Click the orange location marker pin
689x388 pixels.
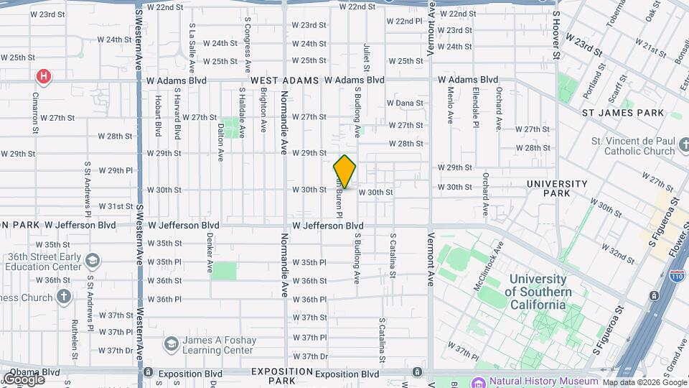[x=344, y=172]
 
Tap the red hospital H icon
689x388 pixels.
[x=44, y=75]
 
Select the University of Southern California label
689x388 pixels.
[x=538, y=292]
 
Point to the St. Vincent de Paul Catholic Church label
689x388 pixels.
[x=633, y=146]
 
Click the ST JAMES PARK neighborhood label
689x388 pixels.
[x=623, y=113]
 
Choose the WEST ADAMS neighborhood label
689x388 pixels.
[x=284, y=80]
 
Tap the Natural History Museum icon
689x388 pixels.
[x=479, y=382]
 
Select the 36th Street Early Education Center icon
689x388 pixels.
[x=92, y=260]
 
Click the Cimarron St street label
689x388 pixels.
[x=34, y=113]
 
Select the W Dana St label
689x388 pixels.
[x=405, y=103]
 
